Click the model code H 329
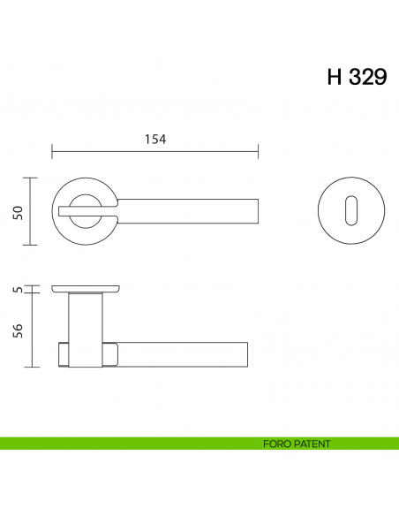[357, 77]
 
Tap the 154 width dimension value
[154, 139]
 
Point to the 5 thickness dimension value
[17, 289]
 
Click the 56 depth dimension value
[17, 329]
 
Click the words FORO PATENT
[297, 444]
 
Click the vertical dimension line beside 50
[34, 211]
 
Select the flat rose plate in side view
[86, 289]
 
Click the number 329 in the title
[367, 77]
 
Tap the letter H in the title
[335, 77]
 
